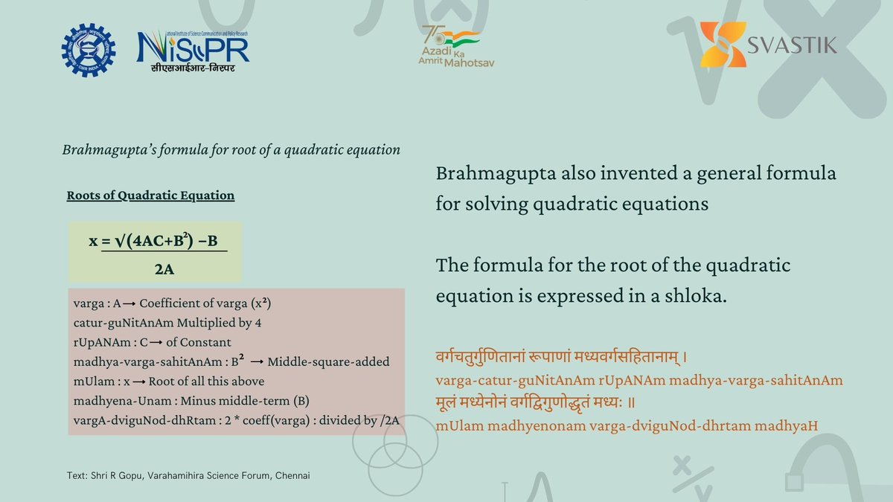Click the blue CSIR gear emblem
coord(89,51)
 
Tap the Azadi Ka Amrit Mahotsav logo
coord(456,46)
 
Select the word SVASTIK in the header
coord(792,45)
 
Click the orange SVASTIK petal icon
coord(723,44)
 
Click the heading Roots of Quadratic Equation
coord(150,195)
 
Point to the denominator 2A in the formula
coord(164,269)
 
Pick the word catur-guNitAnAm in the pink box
coord(124,323)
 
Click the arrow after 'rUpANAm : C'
coord(156,342)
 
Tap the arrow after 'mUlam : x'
coord(138,382)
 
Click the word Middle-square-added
coord(328,361)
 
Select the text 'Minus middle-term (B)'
coord(245,401)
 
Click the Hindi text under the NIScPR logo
coord(193,68)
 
